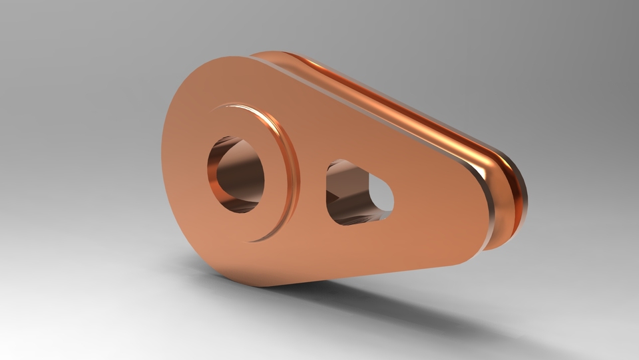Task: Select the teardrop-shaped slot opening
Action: click(x=356, y=192)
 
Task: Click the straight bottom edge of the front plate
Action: click(x=366, y=274)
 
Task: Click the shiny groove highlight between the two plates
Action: click(x=399, y=110)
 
